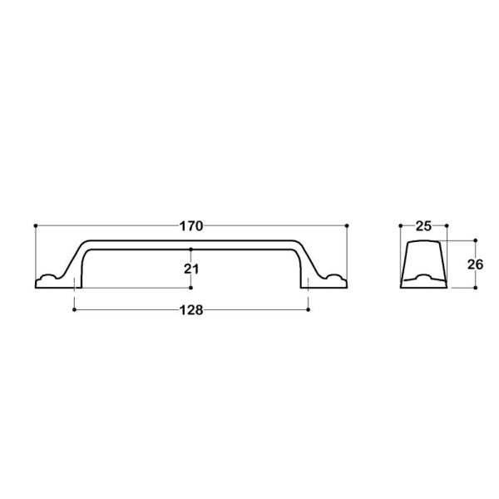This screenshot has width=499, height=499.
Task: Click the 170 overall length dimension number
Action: pyautogui.click(x=191, y=225)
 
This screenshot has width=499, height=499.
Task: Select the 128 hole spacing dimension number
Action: pyautogui.click(x=191, y=309)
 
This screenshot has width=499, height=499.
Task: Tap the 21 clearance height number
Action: pyautogui.click(x=190, y=268)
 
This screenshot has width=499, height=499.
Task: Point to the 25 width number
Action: pyautogui.click(x=423, y=225)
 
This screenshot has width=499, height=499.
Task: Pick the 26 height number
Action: pyautogui.click(x=476, y=265)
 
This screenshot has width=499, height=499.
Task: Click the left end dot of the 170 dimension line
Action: pyautogui.click(x=36, y=225)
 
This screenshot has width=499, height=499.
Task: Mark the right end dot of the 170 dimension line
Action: pyautogui.click(x=346, y=225)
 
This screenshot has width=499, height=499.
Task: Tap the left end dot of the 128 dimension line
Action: pyautogui.click(x=75, y=309)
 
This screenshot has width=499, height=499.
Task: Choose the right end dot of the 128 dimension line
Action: pyautogui.click(x=309, y=309)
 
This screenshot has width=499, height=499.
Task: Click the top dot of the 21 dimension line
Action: pyautogui.click(x=191, y=249)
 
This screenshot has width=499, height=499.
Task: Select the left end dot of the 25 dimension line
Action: pyautogui.click(x=400, y=225)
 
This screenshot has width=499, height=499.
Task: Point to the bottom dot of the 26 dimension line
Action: pyautogui.click(x=477, y=288)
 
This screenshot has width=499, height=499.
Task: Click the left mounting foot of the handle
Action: pyautogui.click(x=50, y=280)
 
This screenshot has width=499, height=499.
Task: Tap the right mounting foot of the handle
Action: pyautogui.click(x=332, y=280)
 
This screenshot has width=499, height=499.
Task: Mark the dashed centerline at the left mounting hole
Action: pyautogui.click(x=75, y=289)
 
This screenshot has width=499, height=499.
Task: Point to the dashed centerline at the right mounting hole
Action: pyautogui.click(x=309, y=289)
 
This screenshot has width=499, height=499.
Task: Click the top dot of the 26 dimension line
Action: pyautogui.click(x=477, y=240)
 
